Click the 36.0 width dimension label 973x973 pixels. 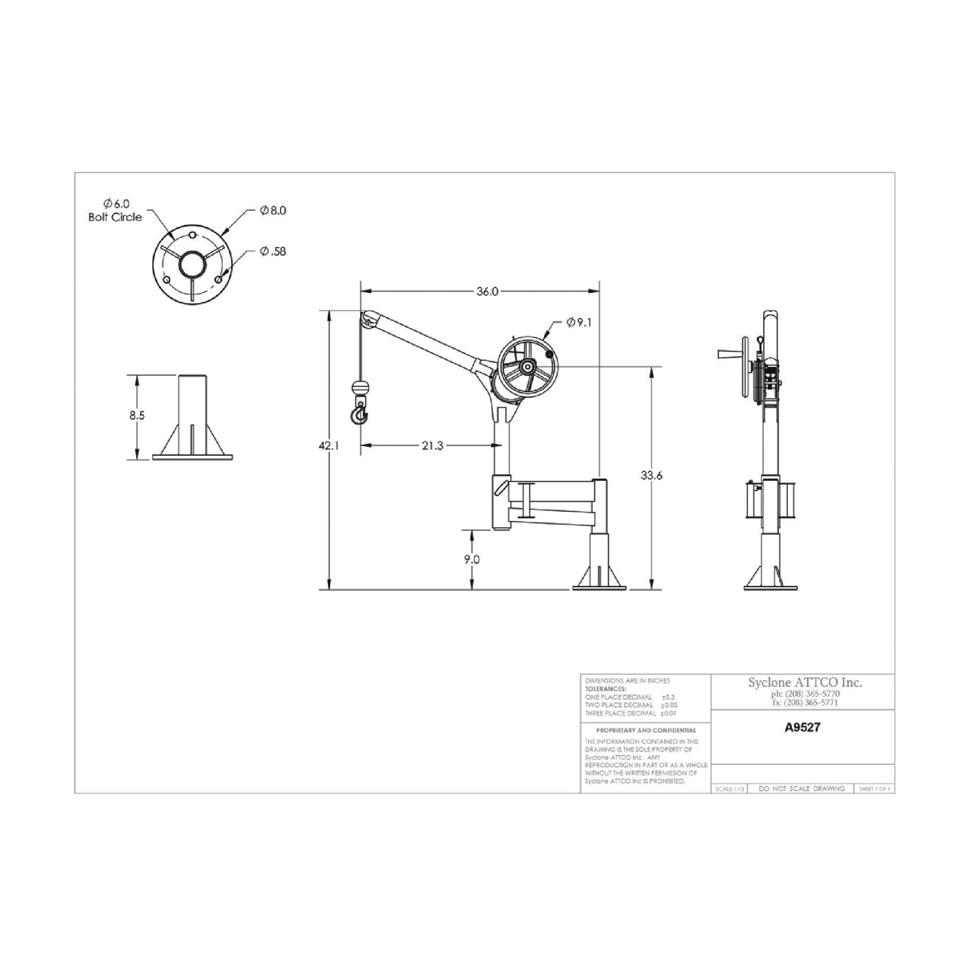click(487, 292)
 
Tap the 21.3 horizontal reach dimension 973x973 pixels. click(432, 446)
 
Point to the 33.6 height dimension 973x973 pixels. click(651, 475)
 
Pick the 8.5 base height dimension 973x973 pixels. click(137, 415)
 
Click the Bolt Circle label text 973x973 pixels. click(115, 217)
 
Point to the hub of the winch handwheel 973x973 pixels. click(527, 367)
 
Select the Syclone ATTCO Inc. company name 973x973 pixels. click(805, 683)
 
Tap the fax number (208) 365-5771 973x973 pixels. click(805, 702)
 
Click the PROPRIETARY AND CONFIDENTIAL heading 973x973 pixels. click(646, 730)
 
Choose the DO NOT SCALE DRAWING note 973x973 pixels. click(801, 789)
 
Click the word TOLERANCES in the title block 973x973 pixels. click(605, 689)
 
